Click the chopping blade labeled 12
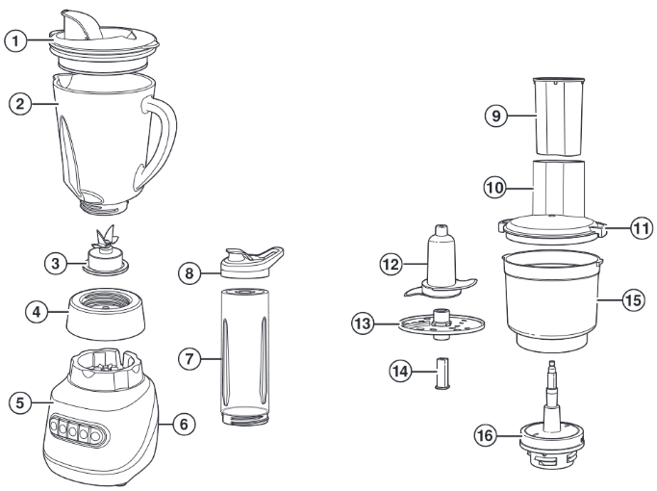pyautogui.click(x=440, y=265)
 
